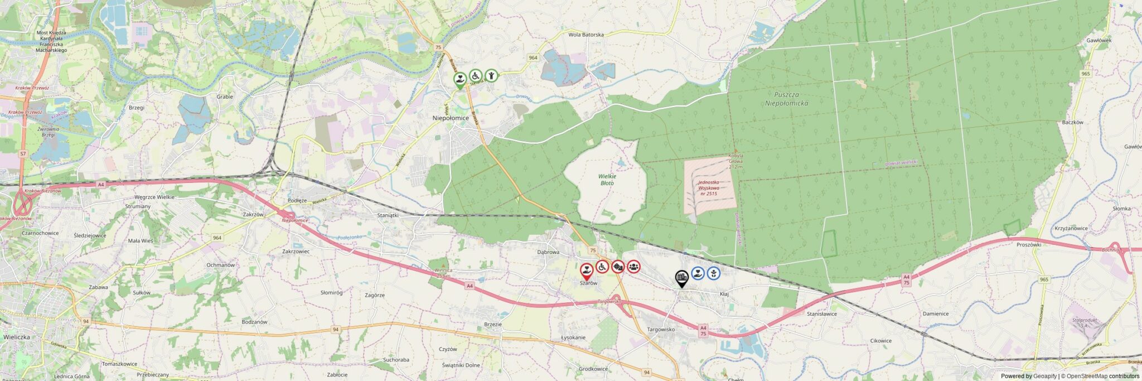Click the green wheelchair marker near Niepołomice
click(x=475, y=75)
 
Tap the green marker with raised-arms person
click(x=491, y=75)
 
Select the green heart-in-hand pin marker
click(x=459, y=80)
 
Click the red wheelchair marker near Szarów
click(x=602, y=267)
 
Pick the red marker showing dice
click(x=618, y=267)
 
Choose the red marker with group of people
click(x=633, y=267)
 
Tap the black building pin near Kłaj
click(x=681, y=277)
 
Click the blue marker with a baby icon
click(x=713, y=273)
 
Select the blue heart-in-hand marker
click(x=698, y=273)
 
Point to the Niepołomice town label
click(x=451, y=118)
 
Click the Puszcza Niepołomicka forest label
click(x=786, y=99)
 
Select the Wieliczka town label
click(x=17, y=337)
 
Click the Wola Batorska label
click(x=585, y=35)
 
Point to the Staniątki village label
click(x=388, y=215)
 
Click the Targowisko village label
click(x=661, y=329)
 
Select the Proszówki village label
click(x=1029, y=244)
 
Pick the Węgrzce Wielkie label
click(x=154, y=197)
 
